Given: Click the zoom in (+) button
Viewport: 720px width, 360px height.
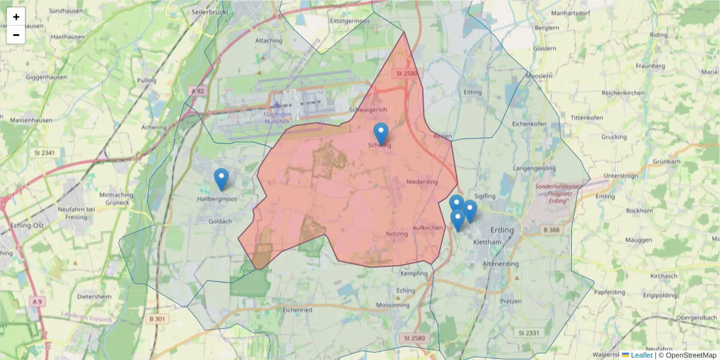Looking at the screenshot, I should [16, 17].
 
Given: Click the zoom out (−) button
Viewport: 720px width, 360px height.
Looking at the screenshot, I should [16, 35].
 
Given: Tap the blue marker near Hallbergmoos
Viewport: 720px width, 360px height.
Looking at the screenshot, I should [221, 179].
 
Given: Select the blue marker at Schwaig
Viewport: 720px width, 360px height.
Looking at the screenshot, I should [381, 134].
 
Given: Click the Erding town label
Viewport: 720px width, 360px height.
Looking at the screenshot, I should [502, 230].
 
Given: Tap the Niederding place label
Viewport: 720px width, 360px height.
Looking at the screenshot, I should [422, 182].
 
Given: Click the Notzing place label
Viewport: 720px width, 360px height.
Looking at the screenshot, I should [397, 233].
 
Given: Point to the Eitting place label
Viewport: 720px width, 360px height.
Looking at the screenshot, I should [473, 92].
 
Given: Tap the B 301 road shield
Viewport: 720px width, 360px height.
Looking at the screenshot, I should [156, 319].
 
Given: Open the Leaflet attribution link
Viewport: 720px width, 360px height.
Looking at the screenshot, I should [641, 355].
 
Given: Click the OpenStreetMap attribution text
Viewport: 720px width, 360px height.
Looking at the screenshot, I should [688, 355].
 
